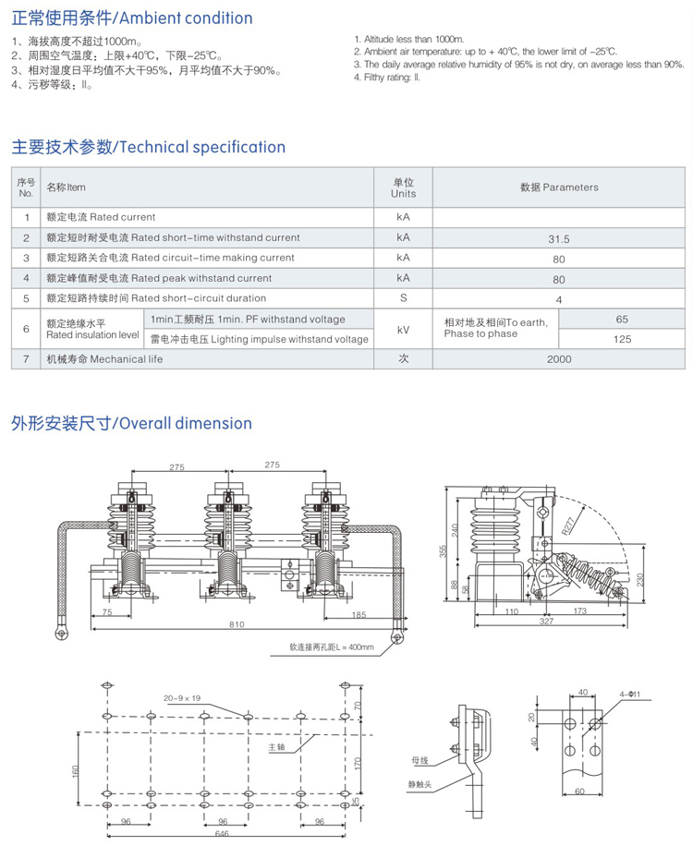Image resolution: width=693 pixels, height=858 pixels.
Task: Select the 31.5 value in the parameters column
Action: (x=559, y=238)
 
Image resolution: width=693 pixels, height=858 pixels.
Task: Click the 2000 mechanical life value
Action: (x=559, y=358)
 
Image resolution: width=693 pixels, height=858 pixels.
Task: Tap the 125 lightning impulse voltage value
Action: (x=622, y=339)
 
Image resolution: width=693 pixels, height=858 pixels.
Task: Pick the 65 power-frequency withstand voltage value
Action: (x=622, y=319)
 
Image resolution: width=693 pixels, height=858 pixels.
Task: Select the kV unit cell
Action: (x=403, y=329)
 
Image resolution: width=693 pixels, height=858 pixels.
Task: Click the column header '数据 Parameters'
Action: (x=559, y=187)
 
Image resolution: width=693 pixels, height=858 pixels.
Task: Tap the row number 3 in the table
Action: (x=26, y=258)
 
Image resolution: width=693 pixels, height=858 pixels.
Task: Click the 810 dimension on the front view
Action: (x=237, y=625)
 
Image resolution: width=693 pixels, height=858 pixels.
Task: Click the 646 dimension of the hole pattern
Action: (x=222, y=833)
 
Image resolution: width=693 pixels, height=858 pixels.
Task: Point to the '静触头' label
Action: (x=421, y=784)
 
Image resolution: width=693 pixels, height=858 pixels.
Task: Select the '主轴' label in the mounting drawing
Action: (x=276, y=747)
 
